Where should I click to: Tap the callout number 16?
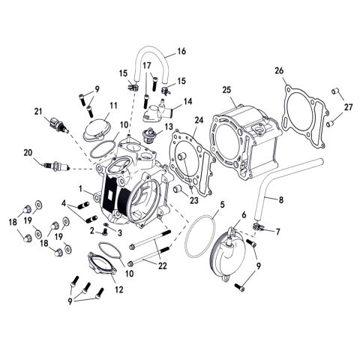181,52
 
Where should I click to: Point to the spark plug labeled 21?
58,122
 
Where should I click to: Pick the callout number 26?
280,71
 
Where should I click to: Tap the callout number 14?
187,100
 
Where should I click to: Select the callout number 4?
65,202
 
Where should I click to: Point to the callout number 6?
244,215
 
